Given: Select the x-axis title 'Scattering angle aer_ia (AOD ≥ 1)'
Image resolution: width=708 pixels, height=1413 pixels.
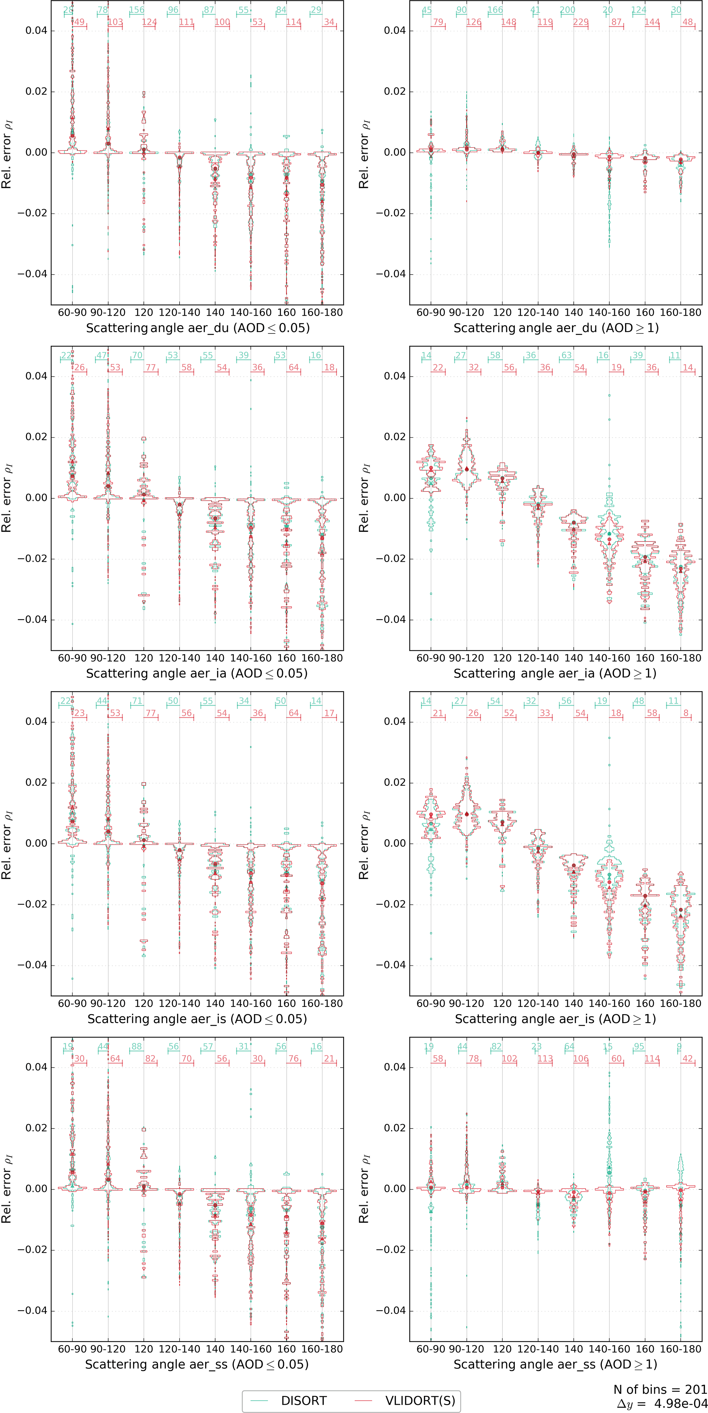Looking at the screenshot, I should click(x=555, y=673).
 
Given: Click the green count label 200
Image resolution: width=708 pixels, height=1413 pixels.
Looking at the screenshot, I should click(x=568, y=10).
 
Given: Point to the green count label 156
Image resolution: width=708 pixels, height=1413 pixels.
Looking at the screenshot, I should click(x=137, y=10).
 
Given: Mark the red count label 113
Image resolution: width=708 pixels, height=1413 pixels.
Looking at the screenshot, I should click(x=545, y=1059).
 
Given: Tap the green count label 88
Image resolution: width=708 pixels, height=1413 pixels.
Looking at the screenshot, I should click(x=137, y=1047).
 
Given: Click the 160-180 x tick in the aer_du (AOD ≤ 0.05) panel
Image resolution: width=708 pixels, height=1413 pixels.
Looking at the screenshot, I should click(x=322, y=313).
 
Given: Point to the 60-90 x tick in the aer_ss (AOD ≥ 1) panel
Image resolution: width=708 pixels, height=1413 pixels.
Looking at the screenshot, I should click(x=431, y=1349).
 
